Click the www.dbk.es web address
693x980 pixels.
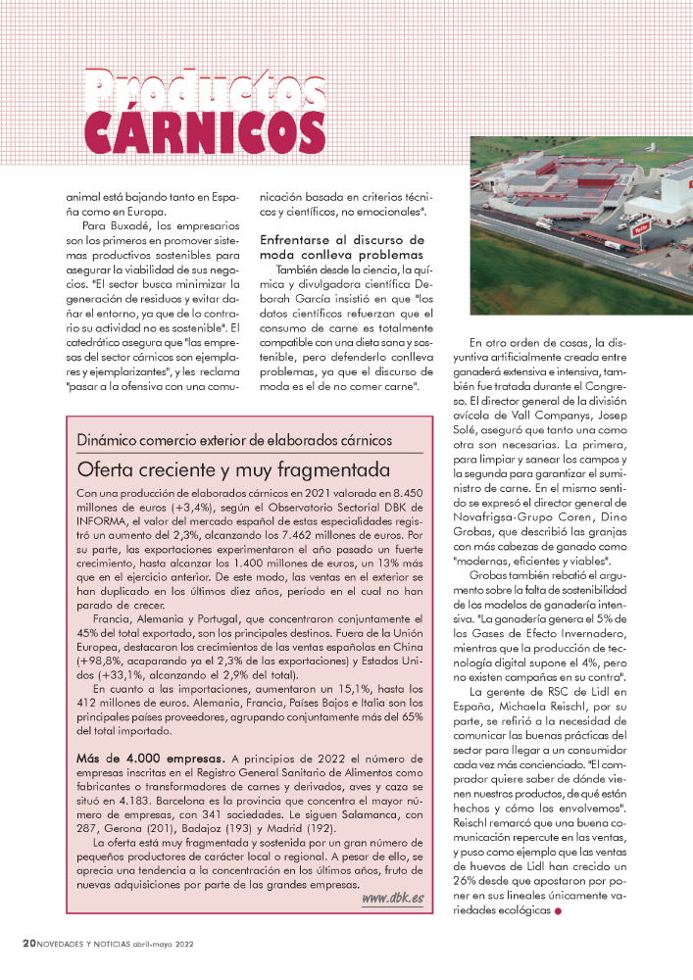[393, 899]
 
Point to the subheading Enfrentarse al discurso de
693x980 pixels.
[341, 239]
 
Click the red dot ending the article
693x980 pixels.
[559, 911]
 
